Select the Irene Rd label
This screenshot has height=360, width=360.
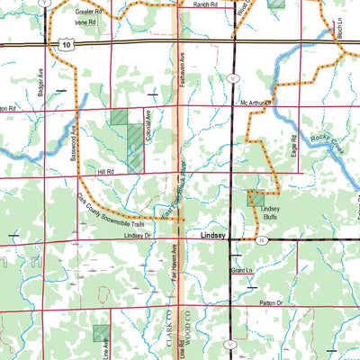(x=85, y=22)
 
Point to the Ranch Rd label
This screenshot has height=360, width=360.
(x=206, y=4)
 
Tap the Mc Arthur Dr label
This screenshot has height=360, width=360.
(x=256, y=103)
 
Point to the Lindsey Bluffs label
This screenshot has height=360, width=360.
(x=272, y=213)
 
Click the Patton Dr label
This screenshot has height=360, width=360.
(x=267, y=304)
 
